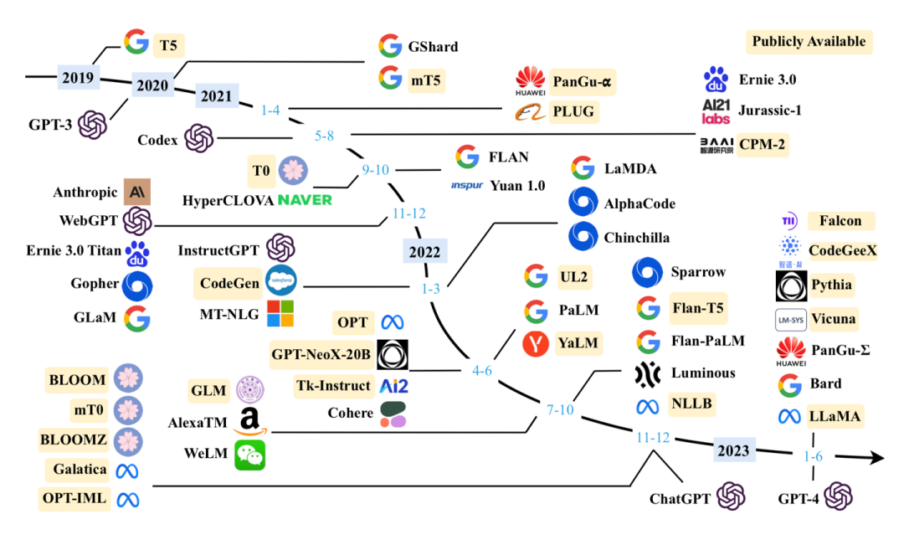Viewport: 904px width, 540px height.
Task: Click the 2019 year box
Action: pyautogui.click(x=77, y=78)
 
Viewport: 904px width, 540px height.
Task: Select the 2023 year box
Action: pyautogui.click(x=732, y=450)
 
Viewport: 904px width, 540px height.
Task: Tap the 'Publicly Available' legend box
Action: pyautogui.click(x=808, y=41)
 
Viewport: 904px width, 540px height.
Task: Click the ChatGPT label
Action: pyautogui.click(x=680, y=500)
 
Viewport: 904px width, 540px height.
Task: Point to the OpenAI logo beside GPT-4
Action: pyautogui.click(x=838, y=498)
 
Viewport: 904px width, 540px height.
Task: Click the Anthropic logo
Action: pyautogui.click(x=136, y=192)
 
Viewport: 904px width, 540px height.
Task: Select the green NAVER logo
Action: pyautogui.click(x=305, y=200)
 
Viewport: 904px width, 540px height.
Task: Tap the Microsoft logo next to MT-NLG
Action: pyautogui.click(x=280, y=314)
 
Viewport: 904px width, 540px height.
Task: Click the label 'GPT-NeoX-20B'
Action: pyautogui.click(x=320, y=354)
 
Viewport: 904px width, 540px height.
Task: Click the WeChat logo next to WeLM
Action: pyautogui.click(x=249, y=455)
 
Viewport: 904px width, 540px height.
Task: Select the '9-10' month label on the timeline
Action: pyautogui.click(x=376, y=170)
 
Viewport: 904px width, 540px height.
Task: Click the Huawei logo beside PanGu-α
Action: pyautogui.click(x=531, y=81)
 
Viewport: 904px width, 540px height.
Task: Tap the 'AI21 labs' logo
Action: pyautogui.click(x=716, y=111)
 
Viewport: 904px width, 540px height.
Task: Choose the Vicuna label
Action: pyautogui.click(x=834, y=318)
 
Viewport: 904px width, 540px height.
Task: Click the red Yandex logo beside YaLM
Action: pyautogui.click(x=536, y=342)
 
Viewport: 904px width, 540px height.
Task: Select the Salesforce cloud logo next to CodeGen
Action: pyautogui.click(x=280, y=282)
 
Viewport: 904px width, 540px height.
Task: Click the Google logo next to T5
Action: pyautogui.click(x=136, y=43)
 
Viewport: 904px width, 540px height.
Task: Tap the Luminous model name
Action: pyautogui.click(x=702, y=373)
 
